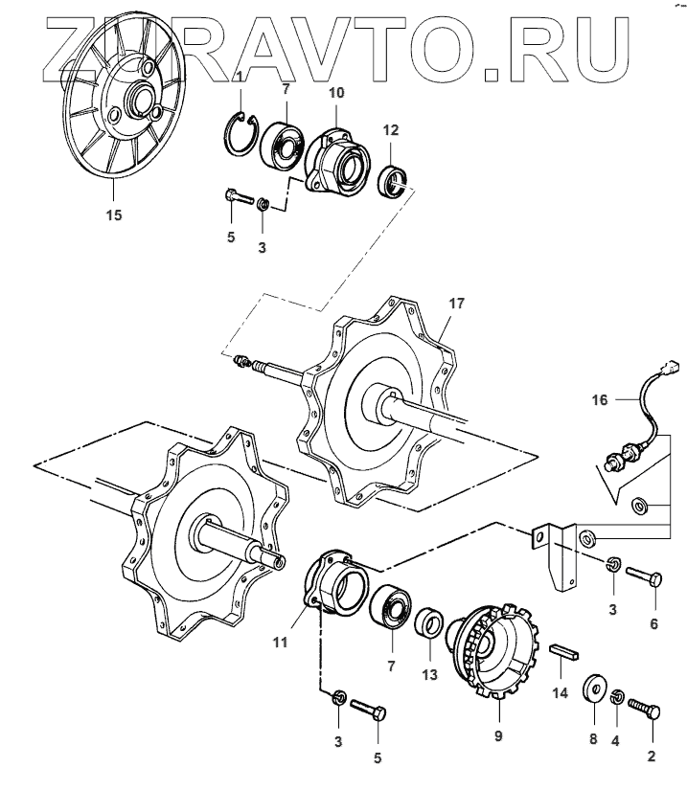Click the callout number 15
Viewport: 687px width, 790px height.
pyautogui.click(x=113, y=214)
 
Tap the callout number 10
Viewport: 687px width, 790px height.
pyautogui.click(x=336, y=93)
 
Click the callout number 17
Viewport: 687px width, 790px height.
pyautogui.click(x=456, y=304)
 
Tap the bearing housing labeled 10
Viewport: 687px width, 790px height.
pyautogui.click(x=336, y=161)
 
